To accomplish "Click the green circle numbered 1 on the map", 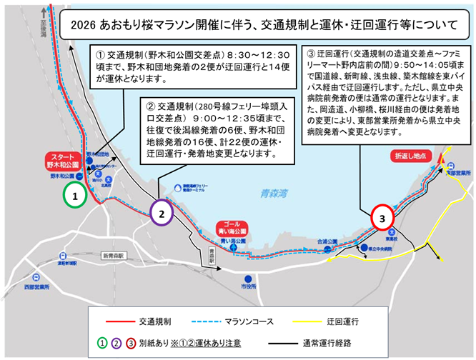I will coord(76,194).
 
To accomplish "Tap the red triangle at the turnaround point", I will coord(442,155).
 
